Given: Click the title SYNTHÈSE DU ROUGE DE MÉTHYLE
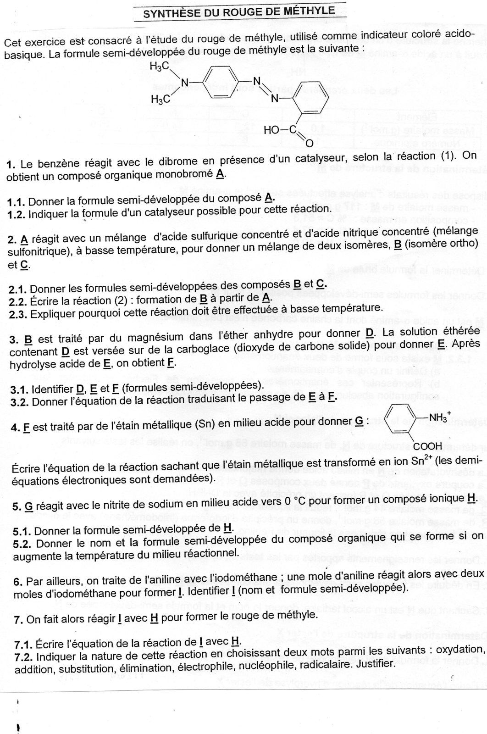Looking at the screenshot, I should tap(239, 11).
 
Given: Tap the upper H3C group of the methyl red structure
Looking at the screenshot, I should tap(159, 66).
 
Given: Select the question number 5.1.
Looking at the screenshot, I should tap(22, 518).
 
